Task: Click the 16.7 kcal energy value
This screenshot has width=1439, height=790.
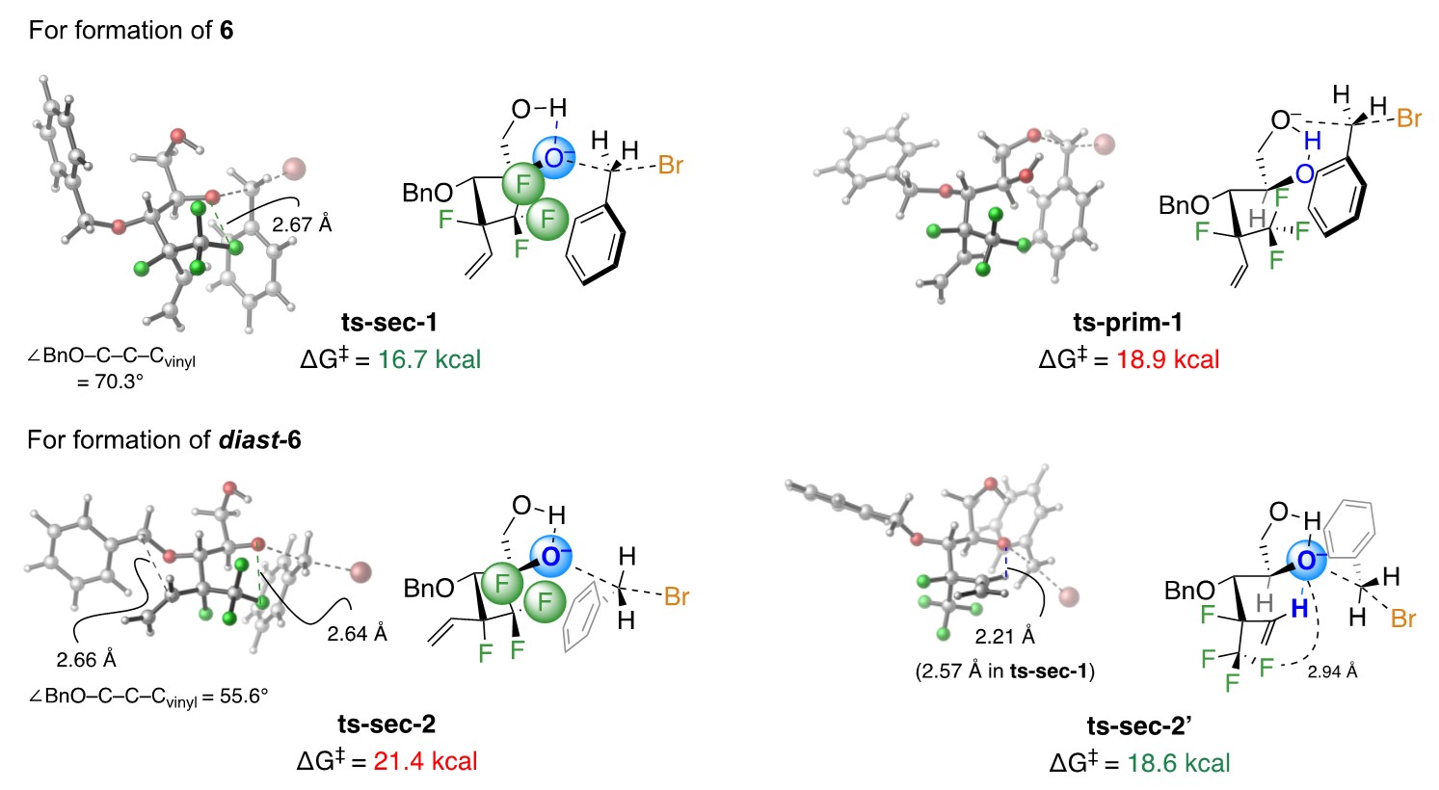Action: click(x=429, y=360)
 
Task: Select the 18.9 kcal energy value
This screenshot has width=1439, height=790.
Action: click(x=1168, y=360)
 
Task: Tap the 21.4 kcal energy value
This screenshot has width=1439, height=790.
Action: click(x=425, y=761)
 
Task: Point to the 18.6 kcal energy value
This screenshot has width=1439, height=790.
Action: click(x=1179, y=764)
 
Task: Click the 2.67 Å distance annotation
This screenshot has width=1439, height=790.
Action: click(x=301, y=224)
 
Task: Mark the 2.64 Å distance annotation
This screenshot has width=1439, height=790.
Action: click(x=357, y=634)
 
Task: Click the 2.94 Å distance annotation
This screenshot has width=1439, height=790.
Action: click(x=1332, y=671)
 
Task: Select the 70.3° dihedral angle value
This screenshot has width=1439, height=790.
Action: click(x=111, y=382)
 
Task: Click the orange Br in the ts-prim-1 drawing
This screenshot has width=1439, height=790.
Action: click(x=1408, y=119)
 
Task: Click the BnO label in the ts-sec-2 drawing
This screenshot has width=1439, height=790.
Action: click(x=429, y=588)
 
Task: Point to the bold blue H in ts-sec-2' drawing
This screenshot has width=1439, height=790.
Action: click(x=1301, y=608)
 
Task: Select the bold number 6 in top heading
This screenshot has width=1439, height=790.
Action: click(x=226, y=31)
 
